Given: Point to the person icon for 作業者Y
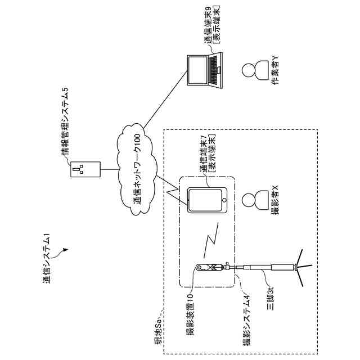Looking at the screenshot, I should coord(249,71).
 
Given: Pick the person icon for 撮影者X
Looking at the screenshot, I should coord(249,200).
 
